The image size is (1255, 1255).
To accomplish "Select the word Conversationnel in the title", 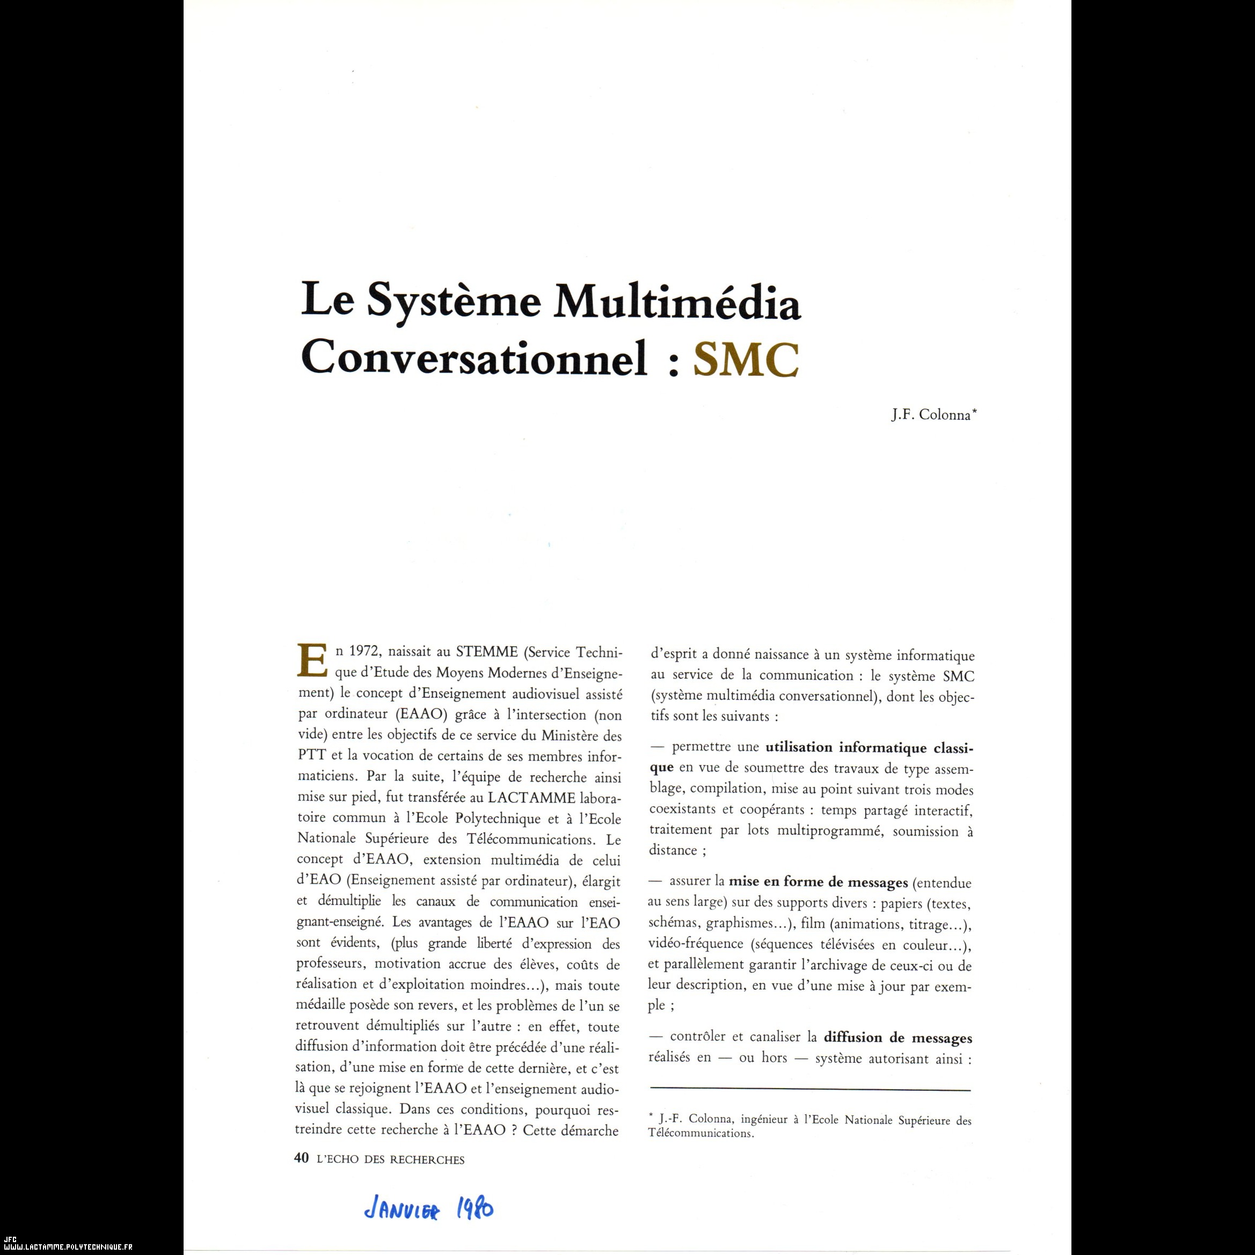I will (x=473, y=358).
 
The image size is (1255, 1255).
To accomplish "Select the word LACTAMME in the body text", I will (x=531, y=798).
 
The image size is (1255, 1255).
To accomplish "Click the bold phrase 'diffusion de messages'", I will (x=898, y=1038).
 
